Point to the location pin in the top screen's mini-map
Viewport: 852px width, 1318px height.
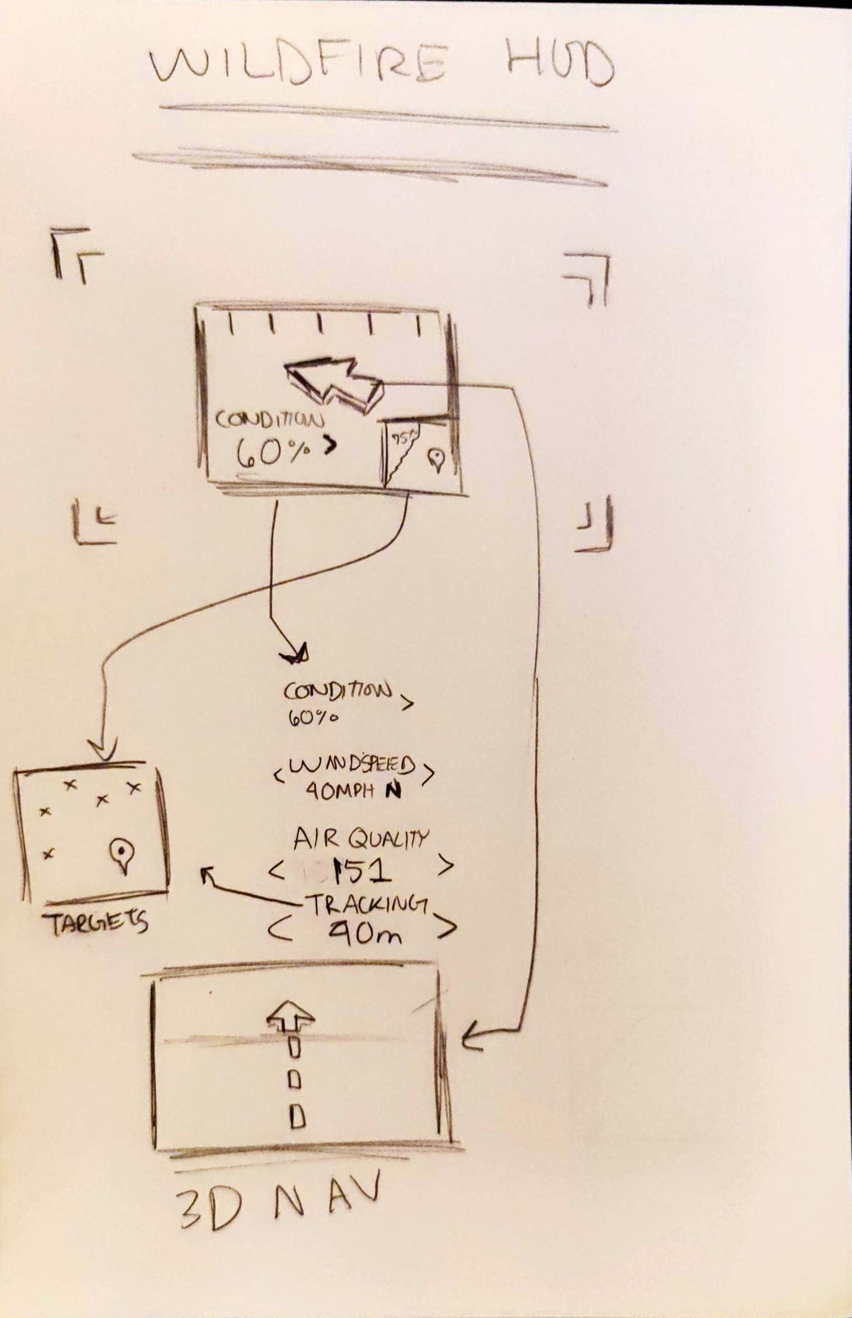[x=437, y=459]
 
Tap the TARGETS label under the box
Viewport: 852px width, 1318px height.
[x=95, y=922]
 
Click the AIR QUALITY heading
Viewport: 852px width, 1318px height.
[x=361, y=839]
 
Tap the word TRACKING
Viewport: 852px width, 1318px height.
[x=366, y=905]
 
